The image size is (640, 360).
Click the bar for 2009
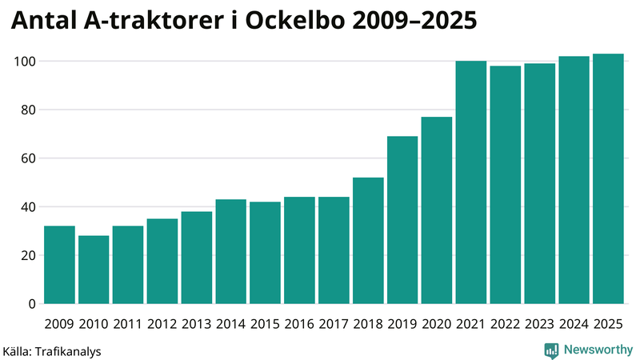pos(59,265)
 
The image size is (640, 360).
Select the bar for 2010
pos(94,270)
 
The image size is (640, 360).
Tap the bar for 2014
pos(231,251)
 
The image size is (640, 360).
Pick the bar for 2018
pos(368,241)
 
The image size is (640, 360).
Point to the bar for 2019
pos(402,220)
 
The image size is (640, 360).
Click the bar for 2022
pos(506,185)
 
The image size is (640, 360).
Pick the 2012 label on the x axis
pos(162,324)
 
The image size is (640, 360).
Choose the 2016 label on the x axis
pos(299,324)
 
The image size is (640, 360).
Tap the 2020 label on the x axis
pos(437,324)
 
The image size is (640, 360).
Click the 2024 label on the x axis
pos(574,324)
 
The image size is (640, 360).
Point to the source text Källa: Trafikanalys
pos(52,351)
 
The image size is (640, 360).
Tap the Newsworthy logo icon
pos(551,350)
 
